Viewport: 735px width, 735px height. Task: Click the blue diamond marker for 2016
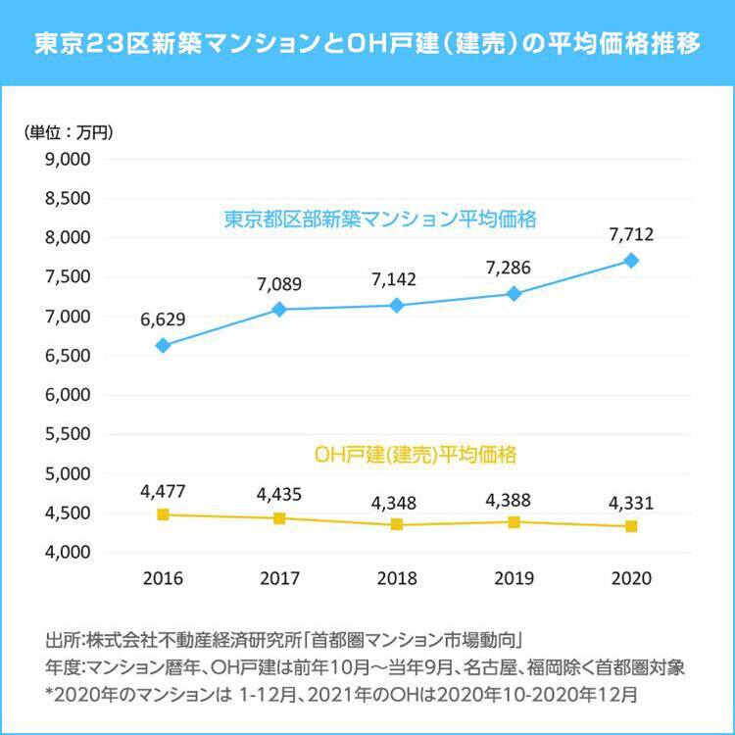[x=163, y=345]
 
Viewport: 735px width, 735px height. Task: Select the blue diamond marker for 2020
[x=631, y=261]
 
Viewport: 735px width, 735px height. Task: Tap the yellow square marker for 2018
[x=397, y=524]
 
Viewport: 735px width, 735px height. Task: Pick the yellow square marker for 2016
[x=163, y=514]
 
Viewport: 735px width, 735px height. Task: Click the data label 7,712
[x=631, y=235]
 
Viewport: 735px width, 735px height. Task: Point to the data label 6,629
[x=163, y=319]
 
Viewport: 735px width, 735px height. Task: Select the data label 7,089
[x=279, y=285]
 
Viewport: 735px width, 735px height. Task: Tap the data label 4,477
[x=163, y=490]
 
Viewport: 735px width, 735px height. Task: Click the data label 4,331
[x=631, y=503]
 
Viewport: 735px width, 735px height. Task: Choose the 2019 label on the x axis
[x=514, y=578]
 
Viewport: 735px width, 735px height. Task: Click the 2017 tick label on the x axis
[x=279, y=578]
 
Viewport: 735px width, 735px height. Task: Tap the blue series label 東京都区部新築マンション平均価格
[x=380, y=220]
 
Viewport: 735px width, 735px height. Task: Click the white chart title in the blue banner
[x=367, y=44]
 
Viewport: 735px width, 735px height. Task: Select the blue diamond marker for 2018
[x=397, y=306]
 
